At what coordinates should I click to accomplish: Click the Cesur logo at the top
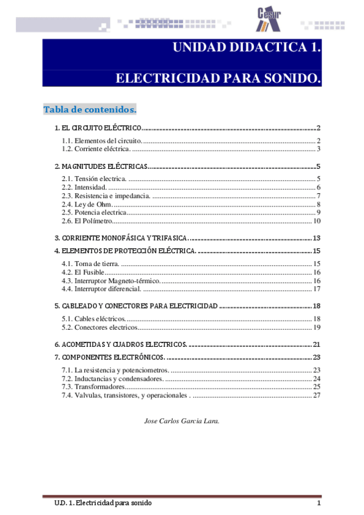[268, 18]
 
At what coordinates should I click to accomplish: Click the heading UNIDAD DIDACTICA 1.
[247, 48]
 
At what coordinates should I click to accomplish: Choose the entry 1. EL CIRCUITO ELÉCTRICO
[98, 129]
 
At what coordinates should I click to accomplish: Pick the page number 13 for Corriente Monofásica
[317, 237]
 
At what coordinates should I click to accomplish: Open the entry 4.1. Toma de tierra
[91, 264]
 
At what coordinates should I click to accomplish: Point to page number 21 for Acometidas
[317, 344]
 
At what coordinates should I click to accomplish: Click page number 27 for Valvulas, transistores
[317, 395]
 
